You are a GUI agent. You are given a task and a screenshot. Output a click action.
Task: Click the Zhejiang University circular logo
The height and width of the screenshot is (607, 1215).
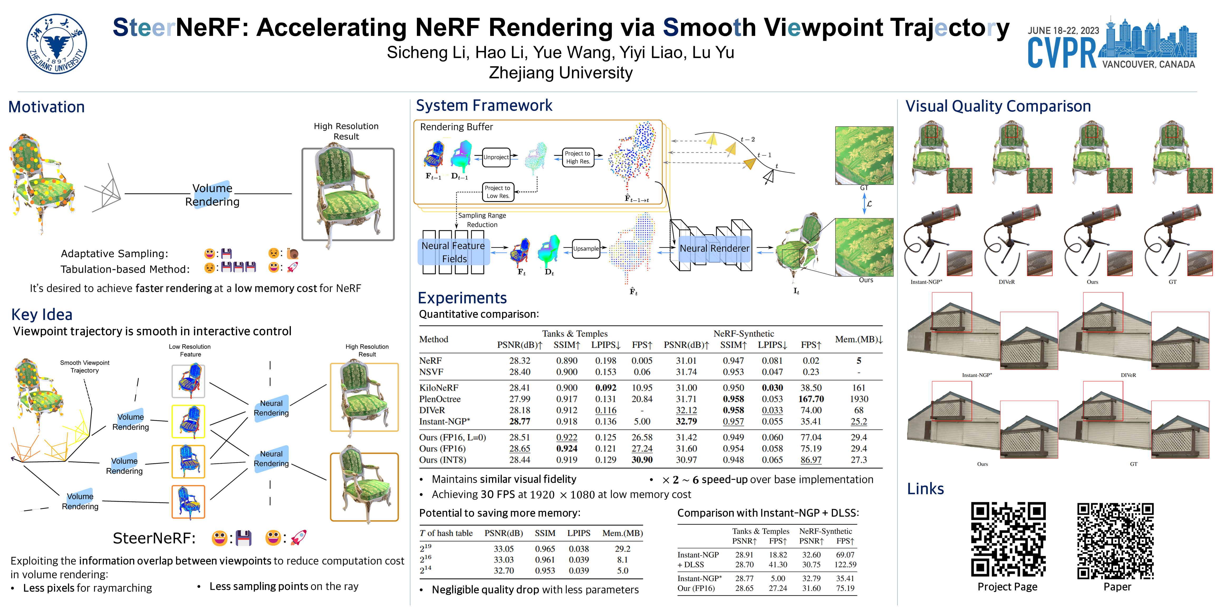[x=57, y=44]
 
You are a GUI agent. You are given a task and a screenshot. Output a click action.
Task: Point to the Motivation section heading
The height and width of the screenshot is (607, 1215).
[x=47, y=107]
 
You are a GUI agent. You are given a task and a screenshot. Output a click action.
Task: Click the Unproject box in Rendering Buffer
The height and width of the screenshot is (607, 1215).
[x=496, y=157]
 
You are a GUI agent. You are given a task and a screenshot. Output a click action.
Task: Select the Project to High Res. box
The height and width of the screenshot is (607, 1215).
[x=578, y=157]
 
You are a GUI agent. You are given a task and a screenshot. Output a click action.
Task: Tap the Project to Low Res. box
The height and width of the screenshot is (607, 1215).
[x=498, y=192]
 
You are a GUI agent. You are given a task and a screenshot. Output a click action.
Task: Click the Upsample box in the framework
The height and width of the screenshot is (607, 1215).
[x=586, y=249]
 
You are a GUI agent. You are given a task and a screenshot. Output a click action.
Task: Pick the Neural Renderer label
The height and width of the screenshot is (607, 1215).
[x=714, y=248]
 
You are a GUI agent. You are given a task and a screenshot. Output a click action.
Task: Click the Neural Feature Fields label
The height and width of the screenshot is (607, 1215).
[x=453, y=252]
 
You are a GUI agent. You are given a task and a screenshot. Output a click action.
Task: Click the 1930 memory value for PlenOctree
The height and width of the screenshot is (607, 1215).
[x=859, y=399]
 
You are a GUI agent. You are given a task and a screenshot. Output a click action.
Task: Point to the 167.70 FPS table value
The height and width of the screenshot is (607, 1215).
[x=811, y=399]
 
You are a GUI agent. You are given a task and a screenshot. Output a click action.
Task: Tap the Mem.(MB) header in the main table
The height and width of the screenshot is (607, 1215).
[x=859, y=339]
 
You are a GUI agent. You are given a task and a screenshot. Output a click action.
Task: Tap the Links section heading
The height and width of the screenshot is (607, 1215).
[x=925, y=489]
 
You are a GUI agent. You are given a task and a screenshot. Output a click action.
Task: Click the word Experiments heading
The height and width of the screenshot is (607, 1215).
[x=462, y=298]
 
